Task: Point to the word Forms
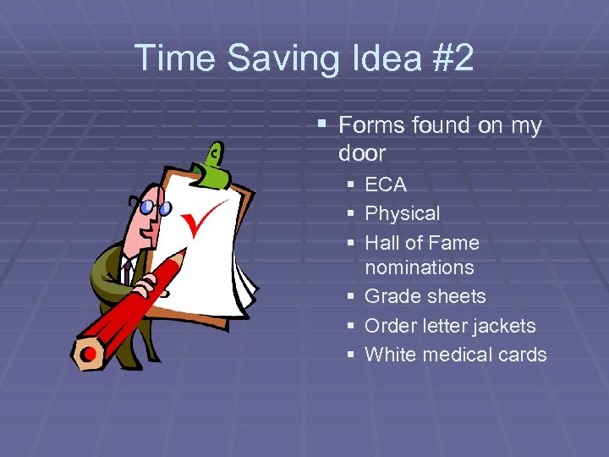pos(371,126)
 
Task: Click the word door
pos(361,153)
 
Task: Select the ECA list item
pos(385,184)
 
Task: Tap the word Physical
pos(402,214)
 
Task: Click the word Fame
pos(453,243)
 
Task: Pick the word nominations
pos(419,267)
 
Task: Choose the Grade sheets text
pos(425,296)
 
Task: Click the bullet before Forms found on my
pos(321,125)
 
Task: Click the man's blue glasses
pos(155,206)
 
